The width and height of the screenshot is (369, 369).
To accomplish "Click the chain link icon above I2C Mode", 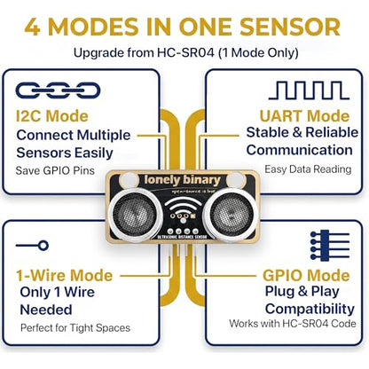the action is click(58, 90).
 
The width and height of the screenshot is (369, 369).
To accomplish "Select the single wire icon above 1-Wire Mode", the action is click(33, 246).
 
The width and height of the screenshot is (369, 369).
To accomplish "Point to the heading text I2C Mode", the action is click(52, 115).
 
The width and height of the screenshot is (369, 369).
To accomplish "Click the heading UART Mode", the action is click(304, 115).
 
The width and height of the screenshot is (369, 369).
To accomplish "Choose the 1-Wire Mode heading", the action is click(65, 275).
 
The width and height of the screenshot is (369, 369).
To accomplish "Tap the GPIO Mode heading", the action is click(306, 275).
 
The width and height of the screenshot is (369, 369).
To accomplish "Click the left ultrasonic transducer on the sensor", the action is click(136, 214).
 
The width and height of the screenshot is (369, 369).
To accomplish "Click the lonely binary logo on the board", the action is click(183, 180).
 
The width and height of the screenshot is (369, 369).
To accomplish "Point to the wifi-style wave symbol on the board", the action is click(183, 206).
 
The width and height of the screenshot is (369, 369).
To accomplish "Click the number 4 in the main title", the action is click(33, 27).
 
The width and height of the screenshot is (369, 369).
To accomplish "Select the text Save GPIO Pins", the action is click(55, 170).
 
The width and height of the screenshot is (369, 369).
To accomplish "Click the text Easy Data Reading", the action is click(308, 169).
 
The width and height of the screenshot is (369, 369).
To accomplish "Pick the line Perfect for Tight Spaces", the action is click(75, 328).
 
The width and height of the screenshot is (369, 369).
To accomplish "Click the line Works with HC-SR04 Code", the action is click(293, 323).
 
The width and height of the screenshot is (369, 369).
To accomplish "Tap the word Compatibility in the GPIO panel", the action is click(310, 309).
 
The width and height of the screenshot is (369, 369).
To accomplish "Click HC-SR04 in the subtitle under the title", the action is click(185, 53).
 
